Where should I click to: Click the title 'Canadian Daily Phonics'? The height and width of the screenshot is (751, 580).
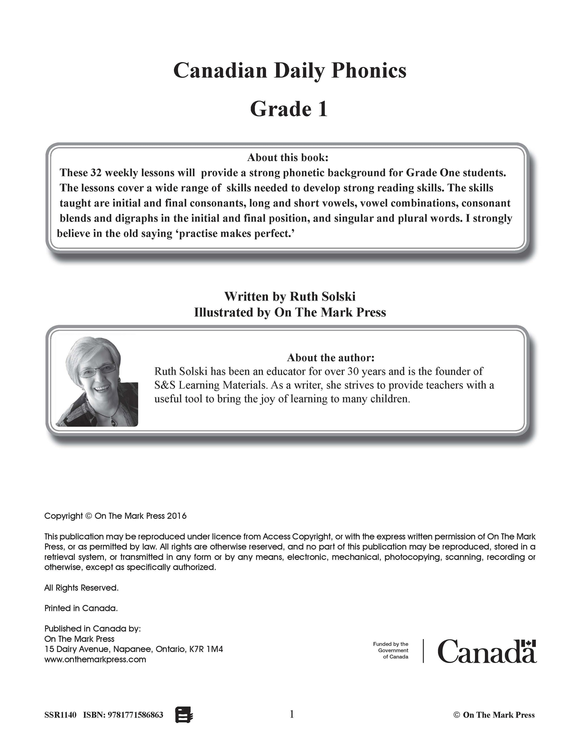[290, 71]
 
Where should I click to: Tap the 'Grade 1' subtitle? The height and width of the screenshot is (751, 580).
[289, 109]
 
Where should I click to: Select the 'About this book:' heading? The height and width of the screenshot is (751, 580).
[288, 158]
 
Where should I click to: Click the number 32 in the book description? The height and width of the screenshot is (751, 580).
[96, 173]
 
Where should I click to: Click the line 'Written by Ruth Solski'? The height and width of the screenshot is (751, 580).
[290, 296]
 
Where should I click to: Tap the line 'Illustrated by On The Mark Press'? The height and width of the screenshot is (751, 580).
[290, 312]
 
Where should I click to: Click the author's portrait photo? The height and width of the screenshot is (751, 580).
[97, 381]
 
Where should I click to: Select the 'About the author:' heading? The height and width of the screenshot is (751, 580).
[330, 358]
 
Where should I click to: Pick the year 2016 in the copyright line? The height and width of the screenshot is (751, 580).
[177, 516]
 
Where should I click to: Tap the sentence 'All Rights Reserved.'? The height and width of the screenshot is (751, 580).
[82, 588]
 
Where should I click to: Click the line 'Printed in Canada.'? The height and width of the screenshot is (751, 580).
[81, 608]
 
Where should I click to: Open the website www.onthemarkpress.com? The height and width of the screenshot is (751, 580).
[95, 659]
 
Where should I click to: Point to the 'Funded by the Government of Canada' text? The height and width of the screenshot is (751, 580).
[391, 650]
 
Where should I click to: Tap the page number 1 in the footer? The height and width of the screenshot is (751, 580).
[292, 714]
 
